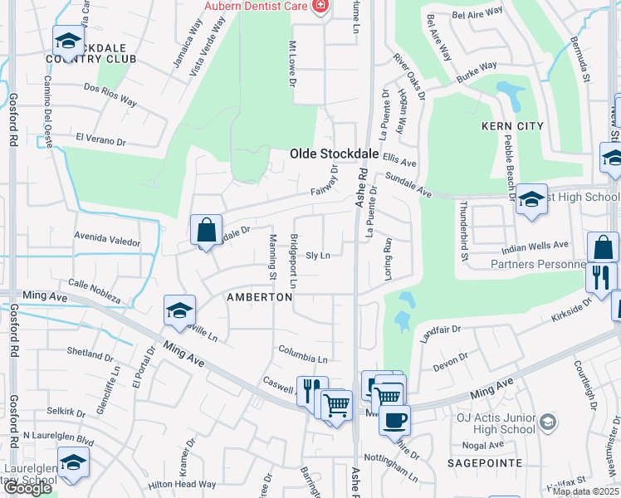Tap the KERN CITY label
(x=512, y=126)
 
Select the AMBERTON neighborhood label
(x=260, y=297)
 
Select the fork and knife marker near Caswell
(x=312, y=390)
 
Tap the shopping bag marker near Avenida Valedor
(x=205, y=229)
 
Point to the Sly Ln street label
(x=318, y=256)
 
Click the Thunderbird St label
(x=466, y=232)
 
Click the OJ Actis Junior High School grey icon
(x=547, y=422)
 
